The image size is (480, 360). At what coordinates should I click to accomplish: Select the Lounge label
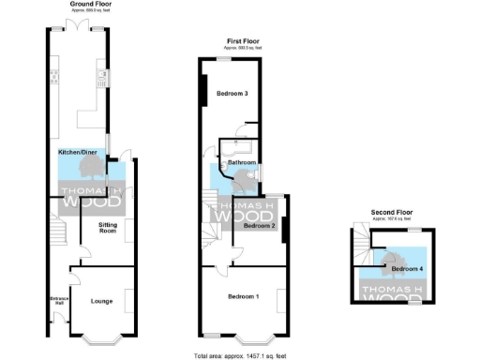tap(102, 301)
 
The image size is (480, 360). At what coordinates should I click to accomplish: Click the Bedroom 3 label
tap(232, 94)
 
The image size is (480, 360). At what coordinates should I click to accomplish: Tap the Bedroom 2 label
tap(260, 226)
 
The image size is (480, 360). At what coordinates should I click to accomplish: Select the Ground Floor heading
tap(85, 5)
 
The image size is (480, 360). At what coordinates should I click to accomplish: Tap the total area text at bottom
tap(239, 356)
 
